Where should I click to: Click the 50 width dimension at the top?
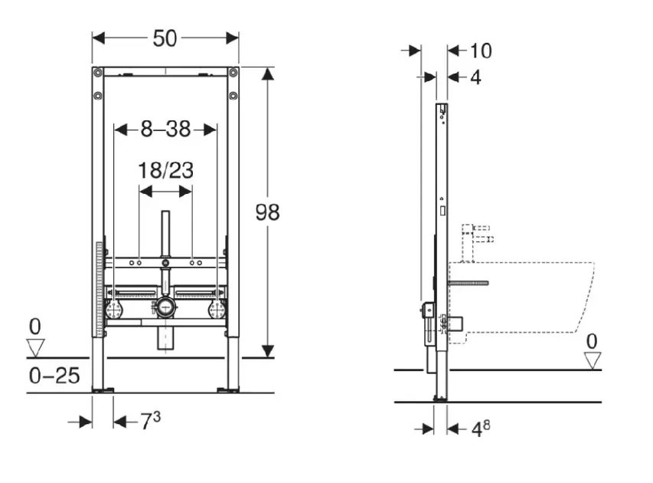[165, 38]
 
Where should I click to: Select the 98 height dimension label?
[267, 212]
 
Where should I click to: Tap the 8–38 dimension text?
[165, 129]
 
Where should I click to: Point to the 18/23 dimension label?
[166, 171]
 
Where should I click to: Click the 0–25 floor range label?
[54, 376]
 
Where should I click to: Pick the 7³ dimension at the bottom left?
[150, 421]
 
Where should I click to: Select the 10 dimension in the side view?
[481, 51]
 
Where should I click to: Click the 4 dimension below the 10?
[475, 77]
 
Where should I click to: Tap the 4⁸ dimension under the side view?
[481, 429]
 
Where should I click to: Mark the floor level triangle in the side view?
[593, 360]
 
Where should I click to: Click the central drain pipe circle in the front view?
[166, 309]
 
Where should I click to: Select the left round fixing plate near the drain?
[114, 310]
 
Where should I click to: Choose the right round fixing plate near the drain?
[217, 310]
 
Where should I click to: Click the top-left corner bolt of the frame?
[98, 73]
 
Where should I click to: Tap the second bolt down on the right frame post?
[233, 97]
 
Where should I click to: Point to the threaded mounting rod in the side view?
[468, 283]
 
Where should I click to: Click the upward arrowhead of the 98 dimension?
[267, 74]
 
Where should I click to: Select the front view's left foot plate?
[103, 390]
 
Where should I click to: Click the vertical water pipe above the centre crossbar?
[166, 234]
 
